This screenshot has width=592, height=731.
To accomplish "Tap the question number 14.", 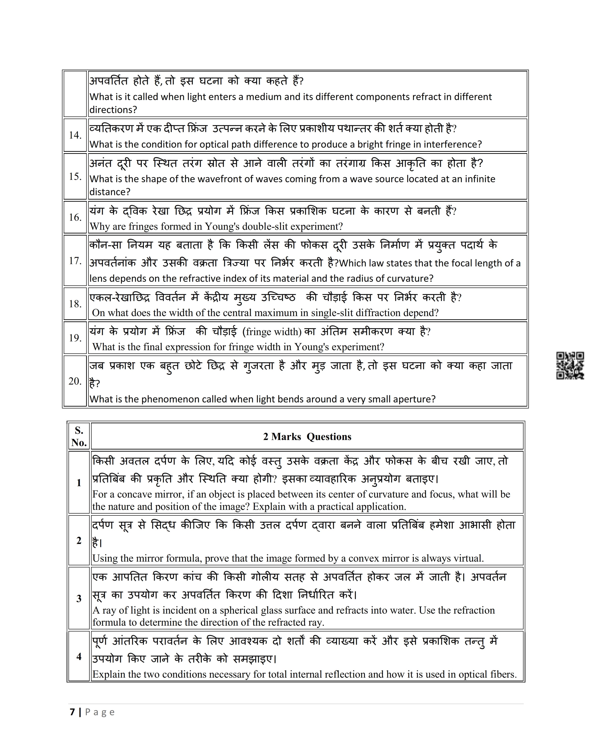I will coord(75,135).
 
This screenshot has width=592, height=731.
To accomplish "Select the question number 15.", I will coord(75,177).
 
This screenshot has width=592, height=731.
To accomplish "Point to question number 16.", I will coord(75,217).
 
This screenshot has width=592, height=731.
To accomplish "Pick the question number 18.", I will coord(75,304).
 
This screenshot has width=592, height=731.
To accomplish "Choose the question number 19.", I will coord(75,338).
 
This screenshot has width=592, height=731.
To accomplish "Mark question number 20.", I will coord(75,381).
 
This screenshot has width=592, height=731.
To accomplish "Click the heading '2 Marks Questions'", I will coord(307,437).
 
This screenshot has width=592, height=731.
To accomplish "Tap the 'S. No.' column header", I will coord(79,437).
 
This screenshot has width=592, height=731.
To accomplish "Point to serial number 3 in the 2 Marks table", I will coord(79,598).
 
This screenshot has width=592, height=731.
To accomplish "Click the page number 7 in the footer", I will coord(72,712).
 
